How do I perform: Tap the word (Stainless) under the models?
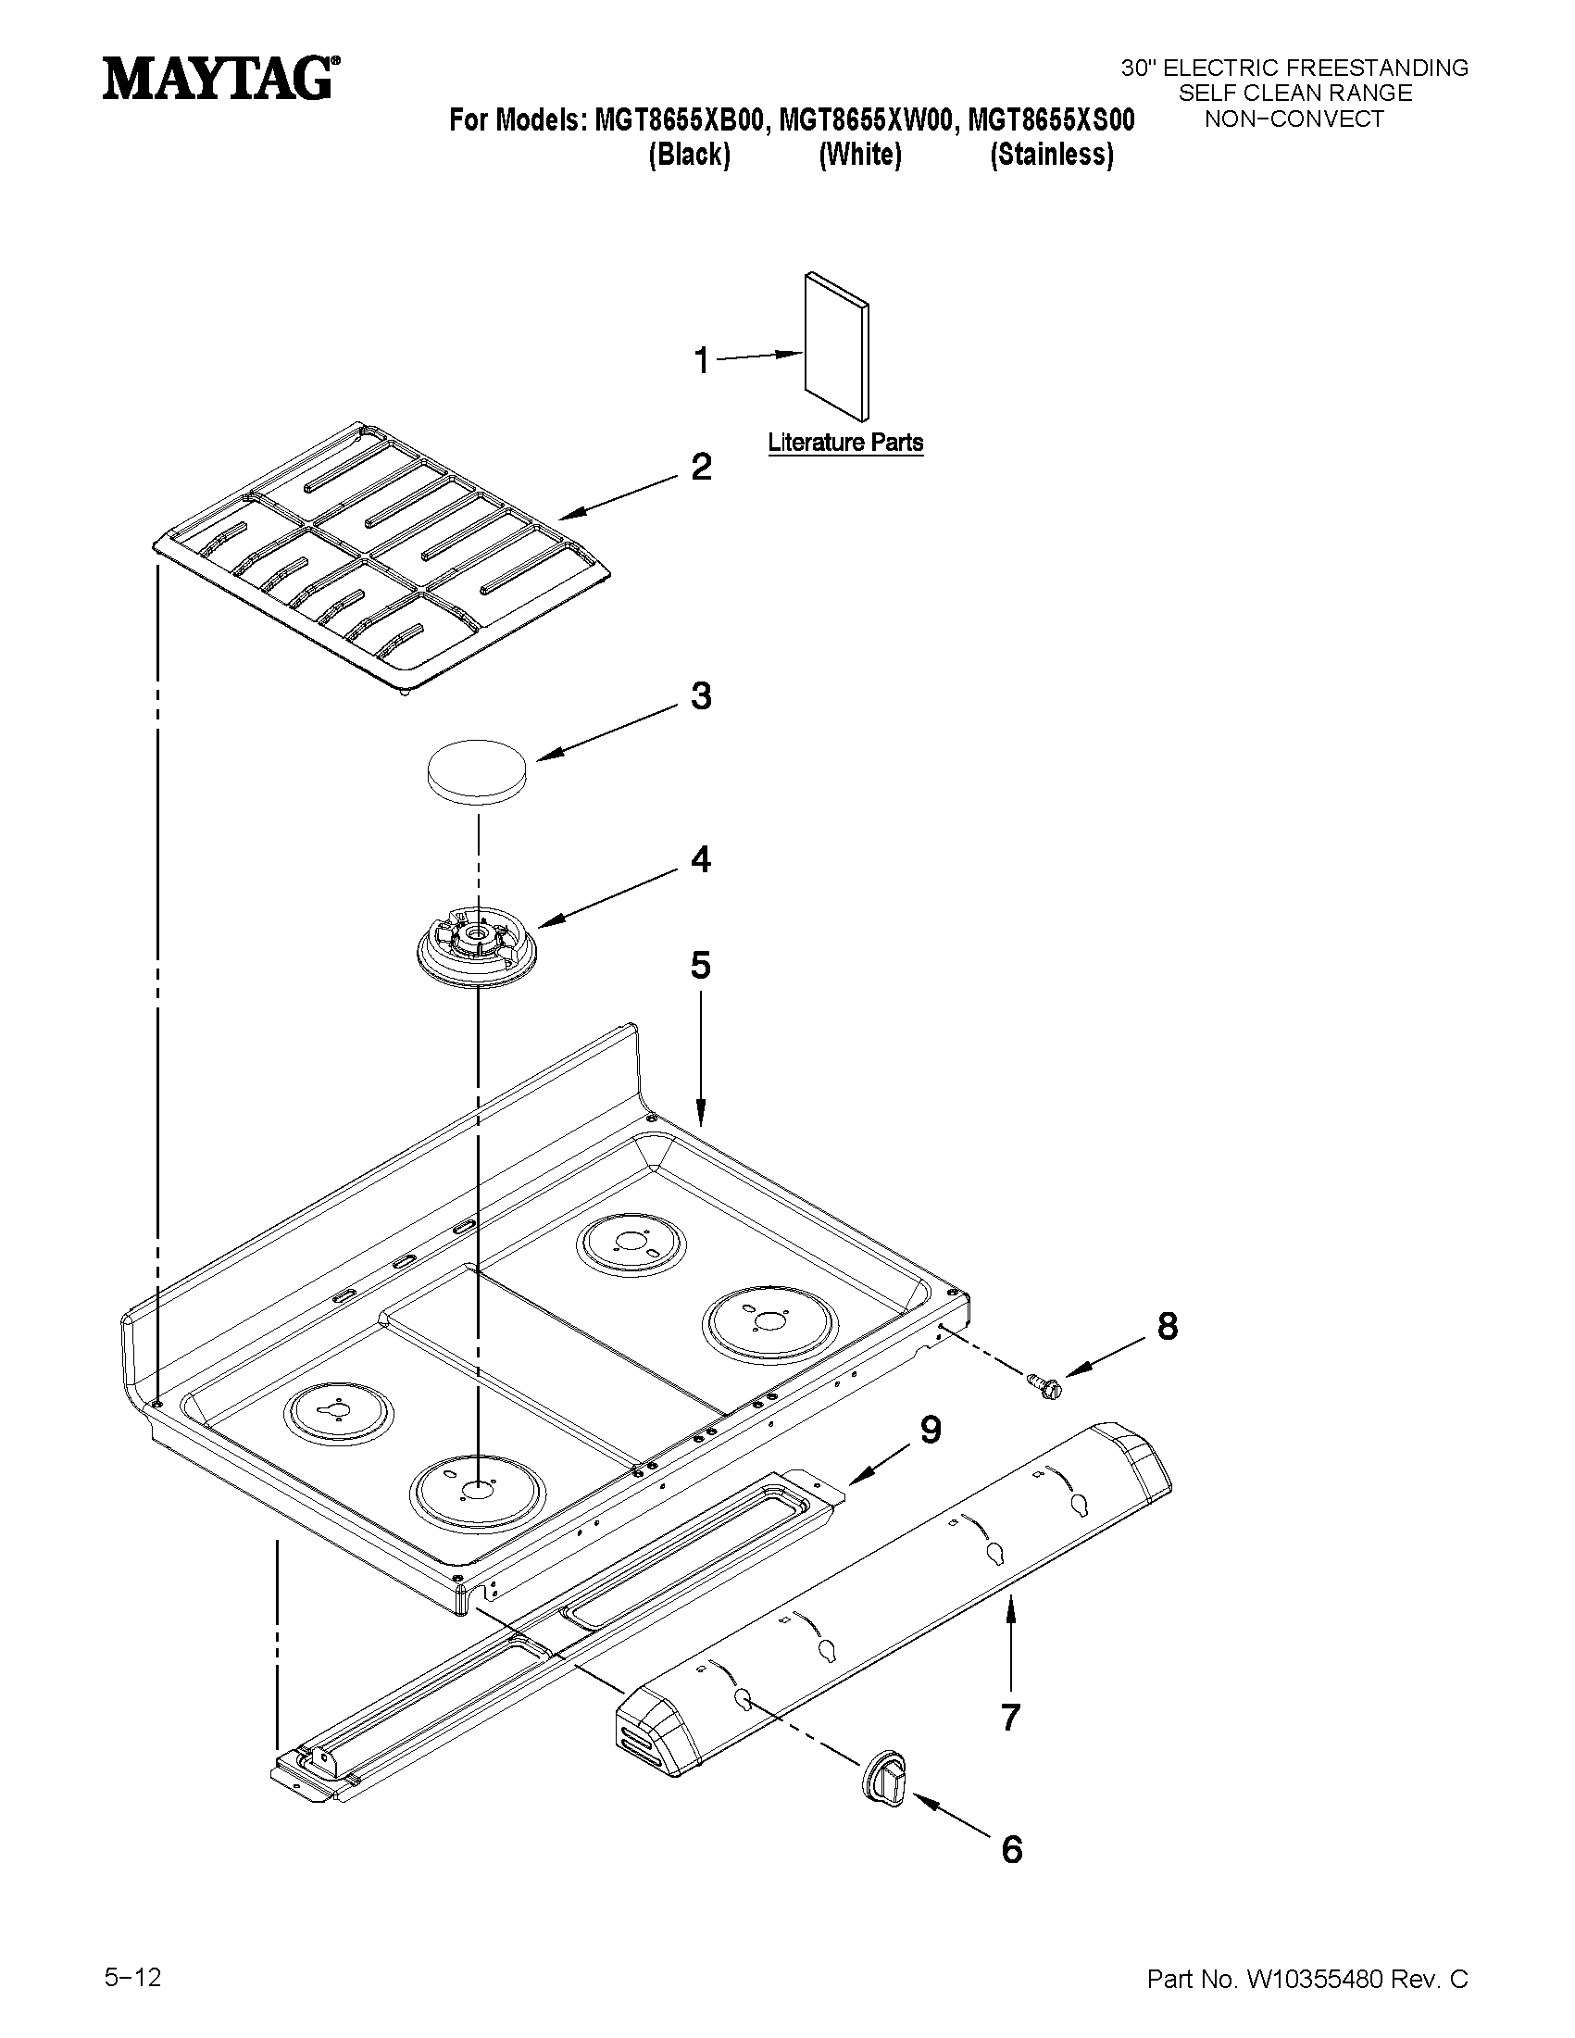pyautogui.click(x=1052, y=154)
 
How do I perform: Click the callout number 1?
pyautogui.click(x=702, y=360)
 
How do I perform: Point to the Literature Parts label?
pyautogui.click(x=845, y=443)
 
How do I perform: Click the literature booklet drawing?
pyautogui.click(x=837, y=346)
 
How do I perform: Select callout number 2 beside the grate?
pyautogui.click(x=701, y=467)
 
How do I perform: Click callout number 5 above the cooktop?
pyautogui.click(x=701, y=965)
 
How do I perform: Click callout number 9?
pyautogui.click(x=931, y=1429)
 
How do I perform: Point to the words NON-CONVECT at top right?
pyautogui.click(x=1294, y=119)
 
